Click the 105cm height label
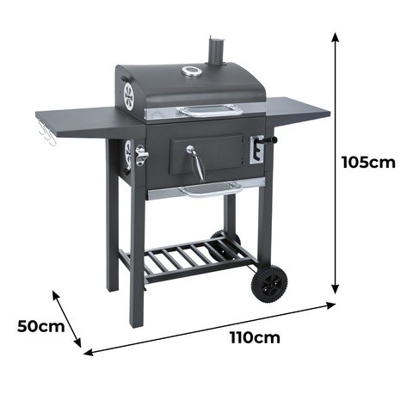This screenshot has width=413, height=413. click(368, 163)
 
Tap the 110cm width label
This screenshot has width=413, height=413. click(255, 337)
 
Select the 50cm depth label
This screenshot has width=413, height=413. click(41, 326)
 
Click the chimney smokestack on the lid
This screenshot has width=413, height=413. click(216, 50)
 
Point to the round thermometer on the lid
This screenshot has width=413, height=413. click(190, 71)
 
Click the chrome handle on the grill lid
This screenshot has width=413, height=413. click(209, 111)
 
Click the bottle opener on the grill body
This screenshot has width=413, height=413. click(141, 156)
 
